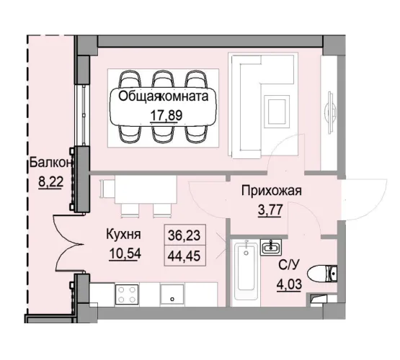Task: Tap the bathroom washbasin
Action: (x=272, y=249)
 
